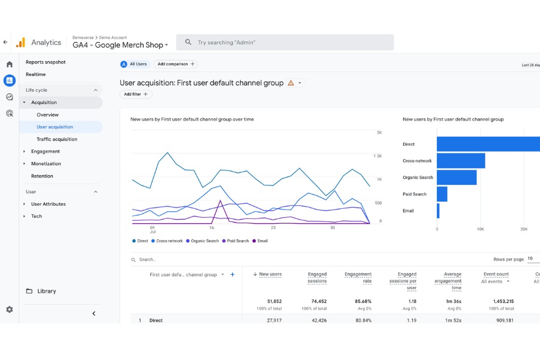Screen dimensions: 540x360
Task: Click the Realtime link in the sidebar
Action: pos(35,74)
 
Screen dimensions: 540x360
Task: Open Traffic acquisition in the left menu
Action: pos(57,139)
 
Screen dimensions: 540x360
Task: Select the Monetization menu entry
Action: pos(46,164)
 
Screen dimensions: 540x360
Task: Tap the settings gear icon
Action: pos(10,310)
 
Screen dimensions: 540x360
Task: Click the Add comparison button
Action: pos(176,64)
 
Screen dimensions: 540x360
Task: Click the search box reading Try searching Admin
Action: pos(285,43)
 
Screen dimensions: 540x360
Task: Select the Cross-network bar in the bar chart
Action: pos(461,161)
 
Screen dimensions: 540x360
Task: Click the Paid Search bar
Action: pos(442,194)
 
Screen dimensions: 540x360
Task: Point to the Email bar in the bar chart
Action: pos(438,211)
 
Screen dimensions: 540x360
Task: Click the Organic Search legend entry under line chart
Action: pos(203,241)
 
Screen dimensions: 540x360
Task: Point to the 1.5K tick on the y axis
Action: pos(378,156)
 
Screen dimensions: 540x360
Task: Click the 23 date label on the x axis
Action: pos(273,228)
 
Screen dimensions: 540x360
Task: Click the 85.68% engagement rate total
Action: pos(363,301)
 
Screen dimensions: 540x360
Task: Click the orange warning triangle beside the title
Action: pos(291,83)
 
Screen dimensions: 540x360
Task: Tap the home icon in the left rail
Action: pos(10,64)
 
